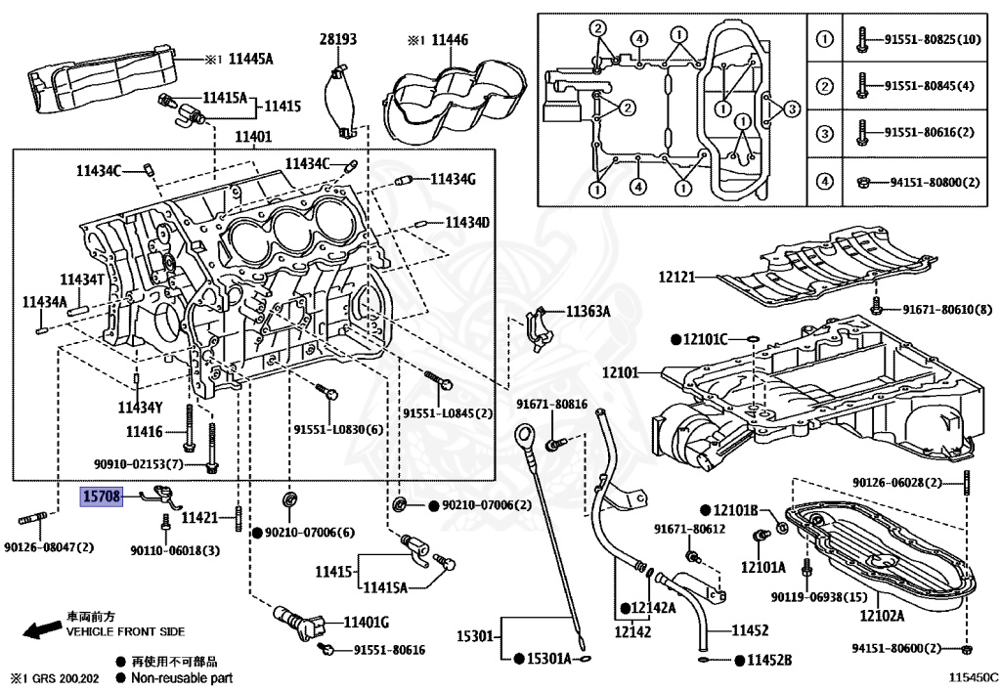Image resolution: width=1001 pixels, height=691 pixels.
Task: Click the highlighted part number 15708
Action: tap(101, 497)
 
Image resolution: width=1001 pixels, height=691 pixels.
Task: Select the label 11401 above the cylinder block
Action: tap(253, 138)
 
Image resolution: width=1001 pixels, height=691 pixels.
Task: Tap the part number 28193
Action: tap(338, 39)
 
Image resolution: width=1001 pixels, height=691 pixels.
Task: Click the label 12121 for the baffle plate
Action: tap(675, 278)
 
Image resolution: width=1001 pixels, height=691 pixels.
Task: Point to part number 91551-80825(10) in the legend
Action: tap(933, 40)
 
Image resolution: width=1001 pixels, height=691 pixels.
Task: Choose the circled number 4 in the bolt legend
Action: tap(824, 181)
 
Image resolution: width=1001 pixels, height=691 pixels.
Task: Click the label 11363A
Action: tap(588, 312)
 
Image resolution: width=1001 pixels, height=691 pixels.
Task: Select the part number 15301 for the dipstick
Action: tap(476, 637)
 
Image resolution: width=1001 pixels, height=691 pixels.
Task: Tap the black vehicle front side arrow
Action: tap(42, 630)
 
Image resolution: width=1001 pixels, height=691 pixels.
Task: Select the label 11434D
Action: tap(467, 223)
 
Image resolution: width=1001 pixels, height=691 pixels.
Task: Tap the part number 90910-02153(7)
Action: tap(138, 463)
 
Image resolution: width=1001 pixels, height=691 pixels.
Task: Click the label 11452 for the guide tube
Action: tap(748, 630)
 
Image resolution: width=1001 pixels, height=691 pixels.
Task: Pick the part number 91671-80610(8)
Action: tap(947, 310)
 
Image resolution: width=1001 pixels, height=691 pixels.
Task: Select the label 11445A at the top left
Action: tap(250, 60)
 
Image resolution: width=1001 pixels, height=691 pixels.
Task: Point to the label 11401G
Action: tap(366, 622)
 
